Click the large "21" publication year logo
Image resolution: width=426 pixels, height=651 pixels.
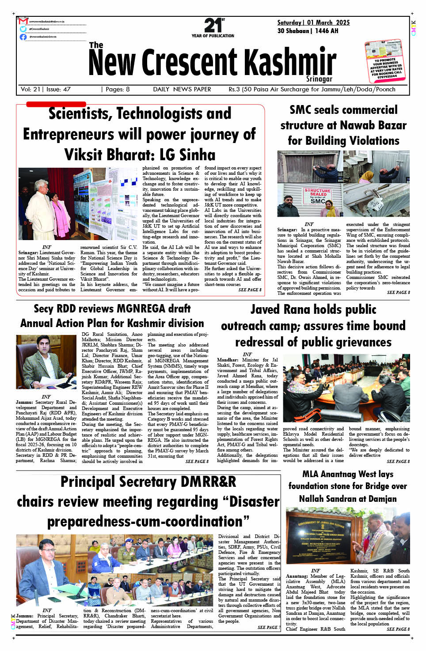point(213,26)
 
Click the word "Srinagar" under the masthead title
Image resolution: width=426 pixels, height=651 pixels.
point(319,79)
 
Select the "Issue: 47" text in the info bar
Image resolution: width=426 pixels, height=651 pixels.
point(58,89)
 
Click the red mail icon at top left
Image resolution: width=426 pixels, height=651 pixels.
point(23,21)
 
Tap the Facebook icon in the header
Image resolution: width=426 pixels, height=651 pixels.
point(23,37)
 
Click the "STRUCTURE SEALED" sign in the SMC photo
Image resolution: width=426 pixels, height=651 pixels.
point(317,195)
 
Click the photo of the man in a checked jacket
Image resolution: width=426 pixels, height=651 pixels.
point(46,361)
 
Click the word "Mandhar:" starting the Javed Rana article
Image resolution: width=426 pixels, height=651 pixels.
point(228,360)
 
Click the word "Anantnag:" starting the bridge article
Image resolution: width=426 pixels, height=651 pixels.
point(297,576)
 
